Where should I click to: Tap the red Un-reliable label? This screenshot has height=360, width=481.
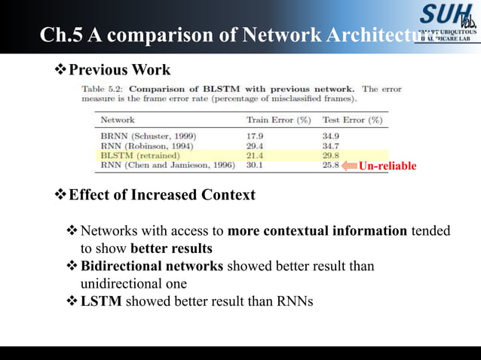coord(387,166)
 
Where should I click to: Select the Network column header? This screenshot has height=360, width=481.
coord(118,120)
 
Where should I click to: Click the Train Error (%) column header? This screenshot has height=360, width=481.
coord(278,120)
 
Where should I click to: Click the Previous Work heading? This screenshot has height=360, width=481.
coord(119,70)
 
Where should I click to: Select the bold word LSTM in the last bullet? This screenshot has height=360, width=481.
coord(101,302)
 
